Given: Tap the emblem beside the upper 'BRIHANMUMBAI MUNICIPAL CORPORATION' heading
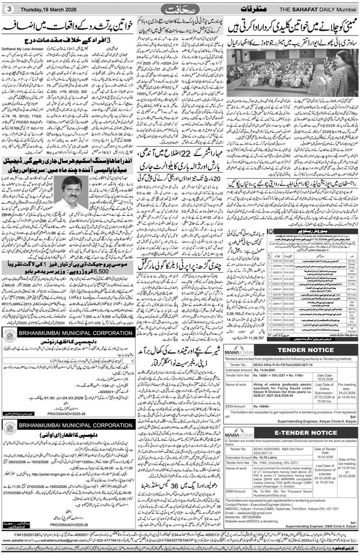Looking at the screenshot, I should [x=11, y=334].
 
